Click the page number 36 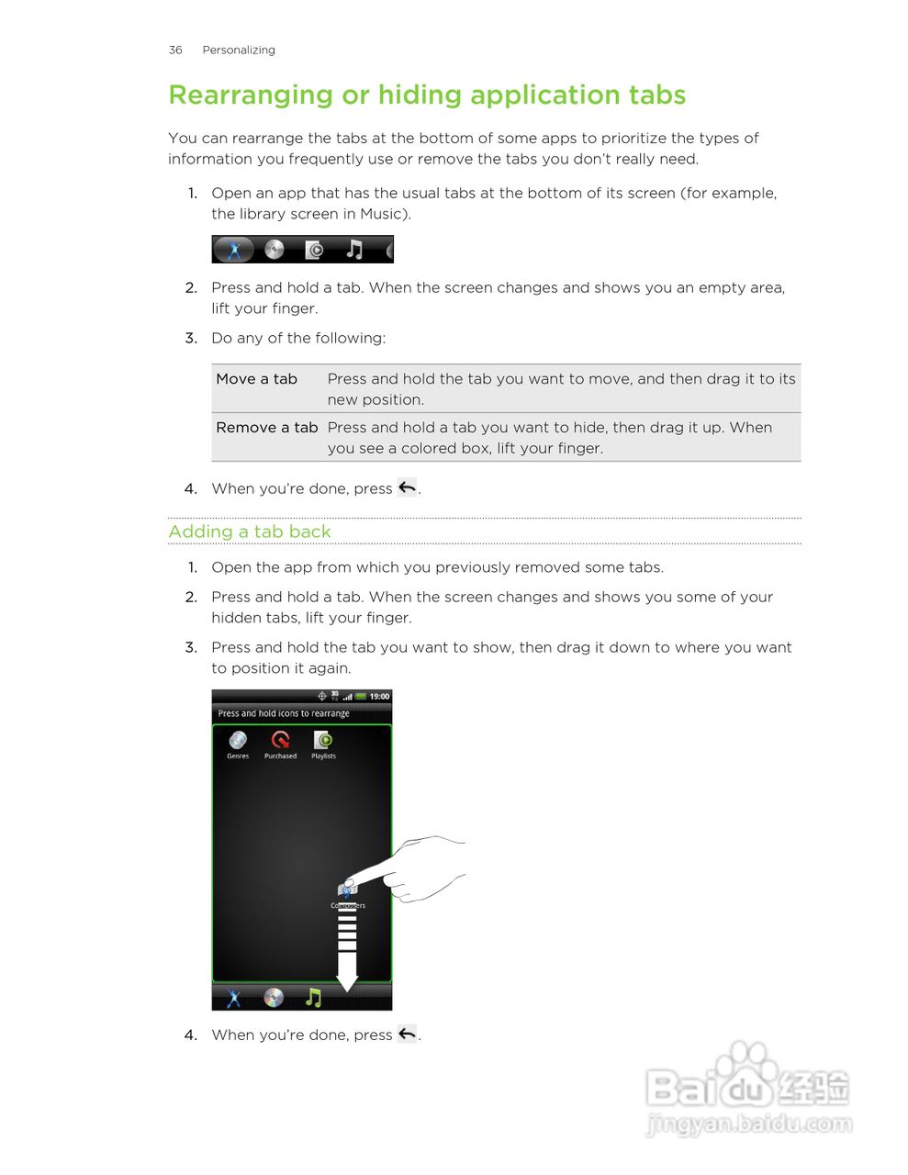point(175,50)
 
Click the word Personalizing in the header point(239,50)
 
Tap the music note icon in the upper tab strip point(354,249)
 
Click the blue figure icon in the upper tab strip point(234,249)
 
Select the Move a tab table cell point(257,379)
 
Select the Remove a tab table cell point(267,428)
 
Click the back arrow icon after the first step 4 point(407,487)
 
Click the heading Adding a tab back point(250,532)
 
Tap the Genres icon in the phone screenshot point(238,741)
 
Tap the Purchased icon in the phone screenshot point(280,741)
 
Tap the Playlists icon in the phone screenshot point(323,741)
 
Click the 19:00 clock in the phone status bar point(379,697)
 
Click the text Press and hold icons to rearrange point(284,713)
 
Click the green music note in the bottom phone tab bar point(313,997)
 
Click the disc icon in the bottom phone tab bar point(274,997)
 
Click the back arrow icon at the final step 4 point(407,1034)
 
